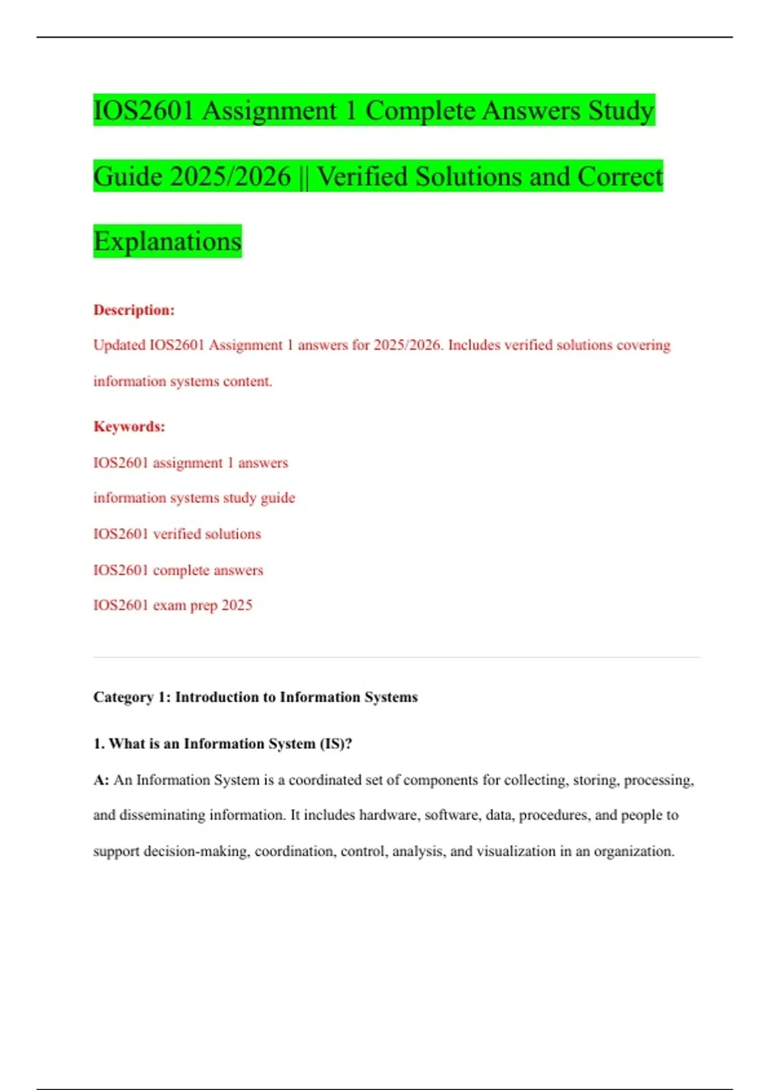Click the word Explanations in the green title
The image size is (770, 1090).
[x=167, y=242]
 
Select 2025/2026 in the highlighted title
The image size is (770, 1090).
[x=231, y=176]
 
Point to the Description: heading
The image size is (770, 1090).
[x=134, y=310]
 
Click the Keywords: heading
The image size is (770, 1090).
[x=130, y=427]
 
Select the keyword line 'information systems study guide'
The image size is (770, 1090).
[x=194, y=498]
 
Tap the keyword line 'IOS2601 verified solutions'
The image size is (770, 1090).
[x=177, y=534]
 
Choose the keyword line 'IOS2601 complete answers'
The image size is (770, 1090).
[x=178, y=570]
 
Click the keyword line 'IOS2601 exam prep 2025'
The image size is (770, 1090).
[x=173, y=605]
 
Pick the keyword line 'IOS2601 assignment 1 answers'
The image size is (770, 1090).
[x=191, y=463]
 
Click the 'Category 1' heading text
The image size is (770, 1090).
[x=255, y=697]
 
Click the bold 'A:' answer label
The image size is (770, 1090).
[x=101, y=780]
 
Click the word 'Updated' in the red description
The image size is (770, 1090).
[x=119, y=345]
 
